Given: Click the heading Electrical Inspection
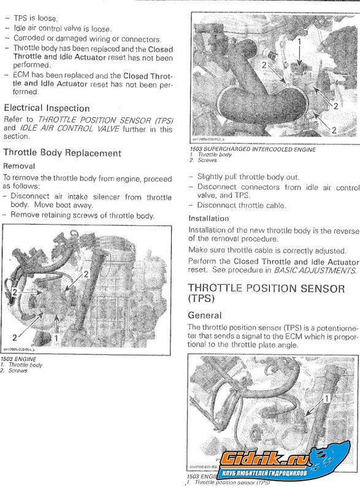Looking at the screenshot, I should (47, 108).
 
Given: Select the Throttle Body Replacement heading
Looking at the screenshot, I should (63, 153).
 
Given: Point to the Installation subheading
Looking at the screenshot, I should (209, 218).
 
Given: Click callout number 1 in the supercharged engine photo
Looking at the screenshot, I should (299, 42).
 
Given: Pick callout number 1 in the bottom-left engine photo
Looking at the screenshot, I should (56, 338).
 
